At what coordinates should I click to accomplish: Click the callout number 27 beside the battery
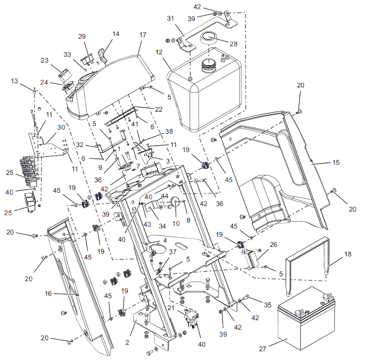(262, 349)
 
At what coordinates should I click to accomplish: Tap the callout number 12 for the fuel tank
(159, 52)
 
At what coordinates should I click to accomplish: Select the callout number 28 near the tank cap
(233, 44)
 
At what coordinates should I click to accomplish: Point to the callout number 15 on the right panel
(336, 163)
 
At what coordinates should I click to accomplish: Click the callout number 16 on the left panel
(48, 294)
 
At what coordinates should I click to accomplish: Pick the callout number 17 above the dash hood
(143, 35)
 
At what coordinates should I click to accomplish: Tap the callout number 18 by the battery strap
(348, 254)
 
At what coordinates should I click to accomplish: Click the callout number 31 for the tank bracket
(171, 18)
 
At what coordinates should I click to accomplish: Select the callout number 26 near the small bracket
(274, 245)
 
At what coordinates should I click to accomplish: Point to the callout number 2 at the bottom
(127, 343)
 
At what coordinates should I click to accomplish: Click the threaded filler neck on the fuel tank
(208, 64)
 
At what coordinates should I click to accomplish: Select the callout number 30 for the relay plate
(61, 127)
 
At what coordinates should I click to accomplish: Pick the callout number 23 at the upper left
(44, 60)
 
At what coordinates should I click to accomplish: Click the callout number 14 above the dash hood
(116, 34)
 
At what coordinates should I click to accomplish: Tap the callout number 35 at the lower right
(268, 305)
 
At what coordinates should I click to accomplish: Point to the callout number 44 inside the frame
(165, 196)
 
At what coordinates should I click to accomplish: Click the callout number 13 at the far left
(15, 81)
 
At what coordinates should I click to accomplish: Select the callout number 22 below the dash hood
(159, 109)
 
